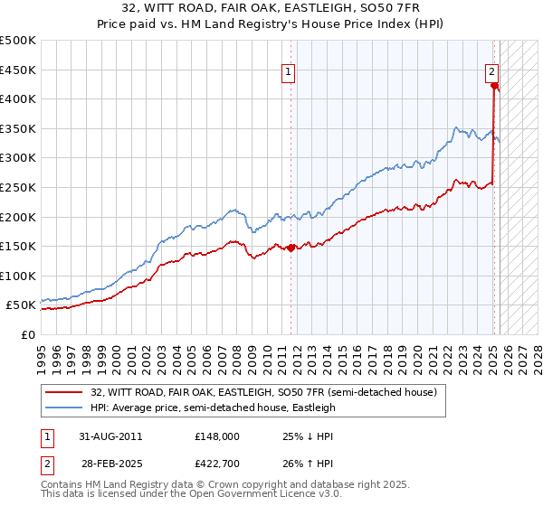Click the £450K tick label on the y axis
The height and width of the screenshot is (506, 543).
[x=18, y=70]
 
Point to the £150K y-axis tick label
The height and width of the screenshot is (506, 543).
[x=18, y=246]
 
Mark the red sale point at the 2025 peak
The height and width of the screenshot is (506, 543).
[x=494, y=86]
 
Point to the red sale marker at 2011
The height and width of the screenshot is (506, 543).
[x=291, y=248]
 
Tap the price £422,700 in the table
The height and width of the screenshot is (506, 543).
[x=217, y=466]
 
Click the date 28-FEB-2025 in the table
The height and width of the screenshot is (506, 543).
[x=110, y=466]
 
